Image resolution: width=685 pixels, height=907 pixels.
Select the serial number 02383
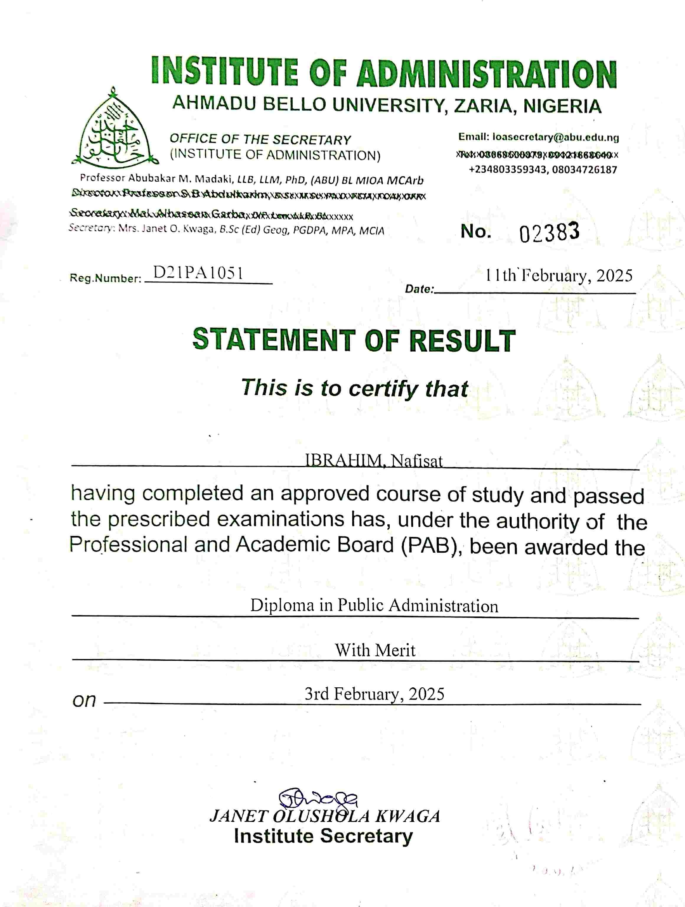[x=549, y=232]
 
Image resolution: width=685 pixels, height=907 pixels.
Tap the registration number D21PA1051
[x=198, y=273]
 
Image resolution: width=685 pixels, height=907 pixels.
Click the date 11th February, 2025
[x=559, y=275]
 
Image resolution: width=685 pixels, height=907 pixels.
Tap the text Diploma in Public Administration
[x=374, y=606]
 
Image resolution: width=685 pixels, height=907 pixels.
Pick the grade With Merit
[x=375, y=650]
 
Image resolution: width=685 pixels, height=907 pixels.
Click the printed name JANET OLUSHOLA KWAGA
[x=325, y=816]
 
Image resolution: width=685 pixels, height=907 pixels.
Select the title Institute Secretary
[x=323, y=836]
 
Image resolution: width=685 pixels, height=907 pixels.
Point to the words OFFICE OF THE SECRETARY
[x=260, y=139]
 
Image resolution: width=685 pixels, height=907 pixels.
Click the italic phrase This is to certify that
[x=354, y=388]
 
